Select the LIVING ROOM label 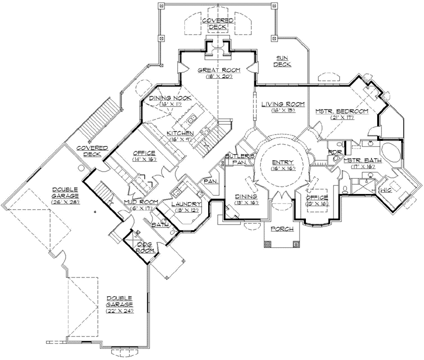(283, 104)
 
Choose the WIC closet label (387, 190)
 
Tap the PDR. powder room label (335, 152)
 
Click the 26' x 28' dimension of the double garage (65, 202)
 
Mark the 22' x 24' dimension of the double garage (119, 310)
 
